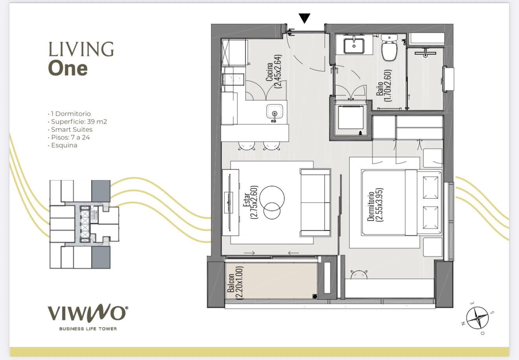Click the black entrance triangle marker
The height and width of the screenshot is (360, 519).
pos(304,18)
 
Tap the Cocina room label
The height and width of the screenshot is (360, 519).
pos(269,72)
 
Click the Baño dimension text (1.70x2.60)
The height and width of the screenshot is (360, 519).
pos(388,85)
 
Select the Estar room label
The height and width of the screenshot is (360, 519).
pos(247,200)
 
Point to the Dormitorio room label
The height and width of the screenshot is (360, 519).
pos(371,206)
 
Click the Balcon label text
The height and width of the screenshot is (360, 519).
pos(231,283)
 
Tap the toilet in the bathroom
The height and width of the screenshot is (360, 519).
pos(389,48)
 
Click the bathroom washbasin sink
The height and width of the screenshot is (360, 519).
pos(354,46)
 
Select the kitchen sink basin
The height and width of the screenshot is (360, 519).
pos(274,111)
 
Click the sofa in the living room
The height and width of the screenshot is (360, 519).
pos(315,202)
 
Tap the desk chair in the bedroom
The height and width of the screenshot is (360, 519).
pos(359,275)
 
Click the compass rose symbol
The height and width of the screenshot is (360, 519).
pos(477,318)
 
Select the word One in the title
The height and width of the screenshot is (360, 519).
pos(68,68)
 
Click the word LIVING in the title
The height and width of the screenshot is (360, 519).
pos(81,49)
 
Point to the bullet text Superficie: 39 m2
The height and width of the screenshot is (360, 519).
pos(79,122)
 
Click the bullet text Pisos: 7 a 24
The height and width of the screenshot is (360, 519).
pos(70,137)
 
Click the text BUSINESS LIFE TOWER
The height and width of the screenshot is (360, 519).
pos(88,329)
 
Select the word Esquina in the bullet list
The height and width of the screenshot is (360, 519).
pos(64,145)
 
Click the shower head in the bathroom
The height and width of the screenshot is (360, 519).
pos(425,53)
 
